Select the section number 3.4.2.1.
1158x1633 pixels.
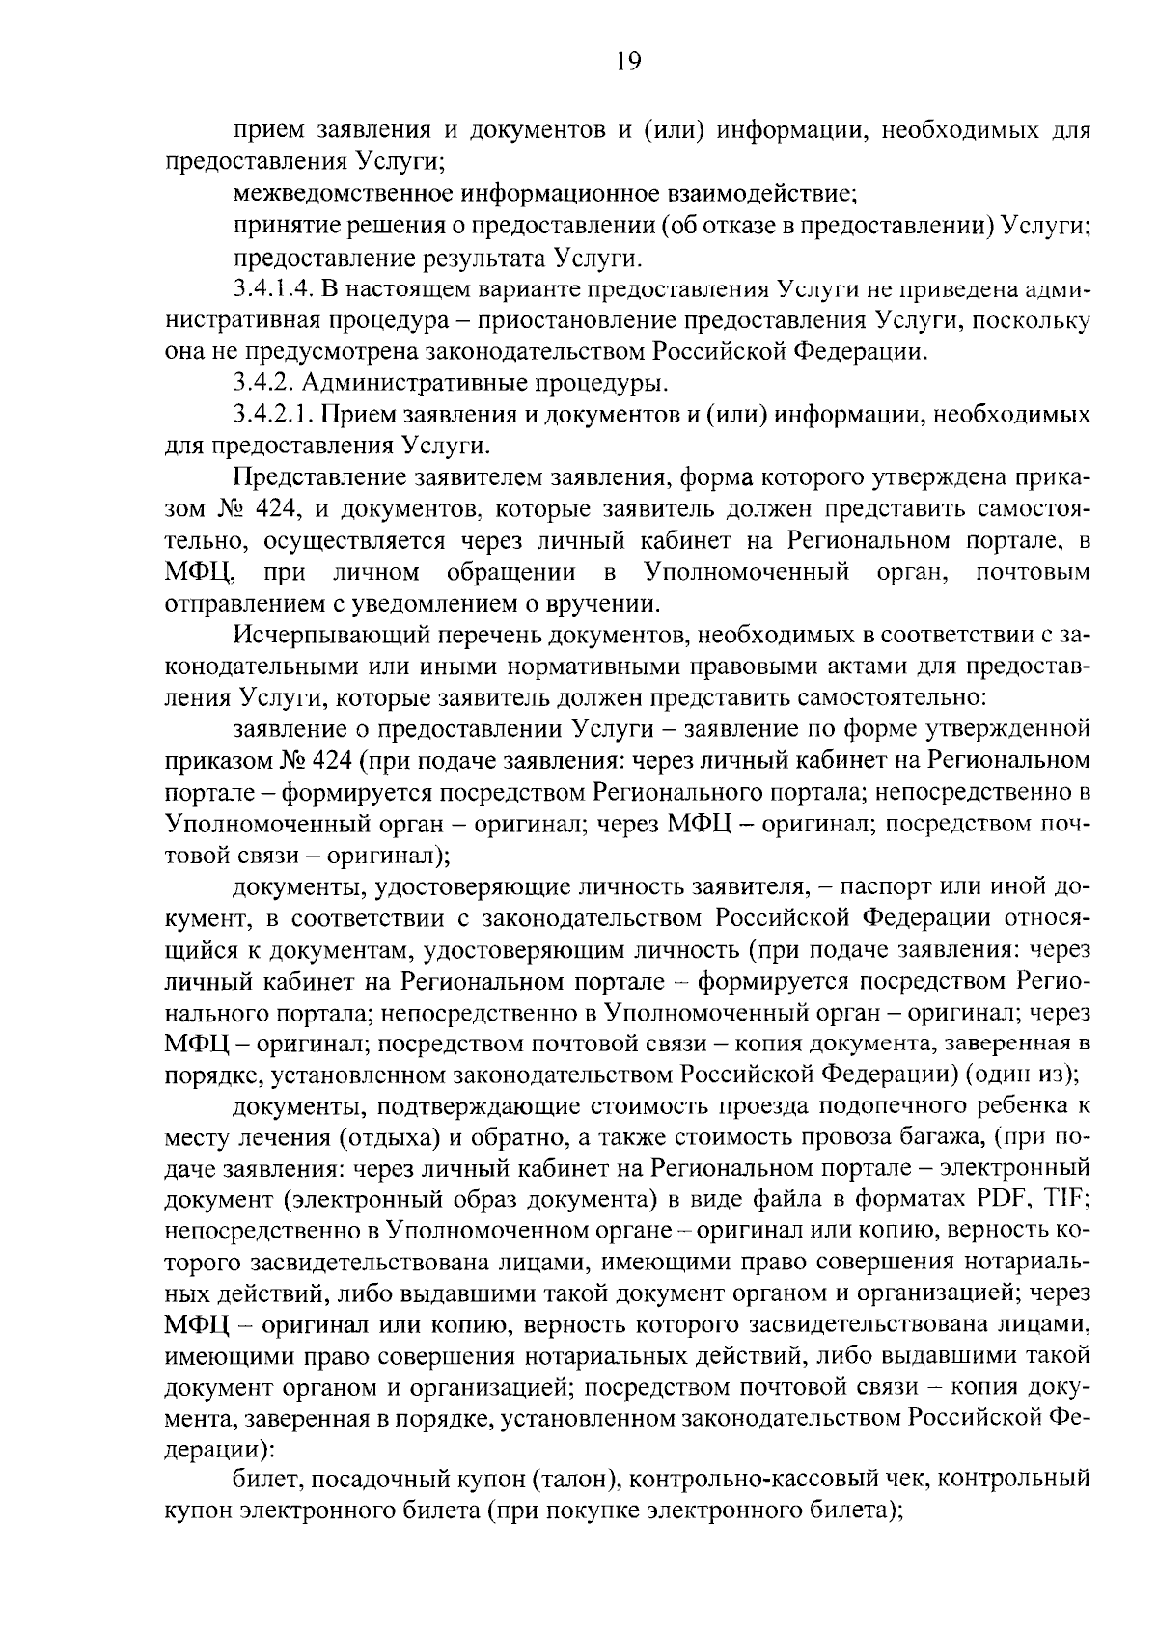point(271,415)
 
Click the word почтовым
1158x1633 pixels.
point(1033,572)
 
